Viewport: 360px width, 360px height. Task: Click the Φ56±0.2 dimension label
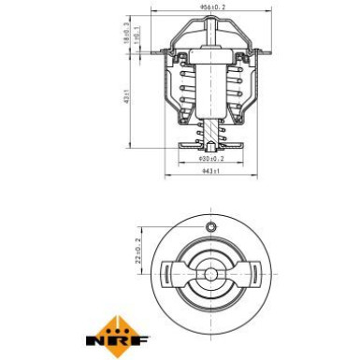point(213,8)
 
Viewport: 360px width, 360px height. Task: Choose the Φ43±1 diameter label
point(212,172)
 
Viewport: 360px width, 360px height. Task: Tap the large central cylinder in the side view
point(212,94)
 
